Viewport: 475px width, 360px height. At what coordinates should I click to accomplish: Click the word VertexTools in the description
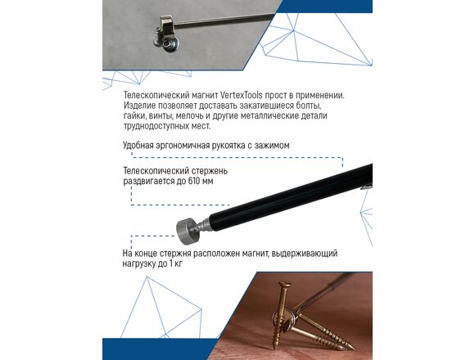241,95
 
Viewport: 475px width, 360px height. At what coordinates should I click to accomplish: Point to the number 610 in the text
194,181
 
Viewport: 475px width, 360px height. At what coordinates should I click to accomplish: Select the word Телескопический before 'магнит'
156,95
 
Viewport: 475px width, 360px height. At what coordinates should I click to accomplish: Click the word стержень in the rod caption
210,171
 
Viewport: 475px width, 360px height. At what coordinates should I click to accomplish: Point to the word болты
309,106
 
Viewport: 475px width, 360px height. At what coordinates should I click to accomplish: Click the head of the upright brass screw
284,285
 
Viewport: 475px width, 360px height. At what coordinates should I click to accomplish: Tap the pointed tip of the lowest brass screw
353,349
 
